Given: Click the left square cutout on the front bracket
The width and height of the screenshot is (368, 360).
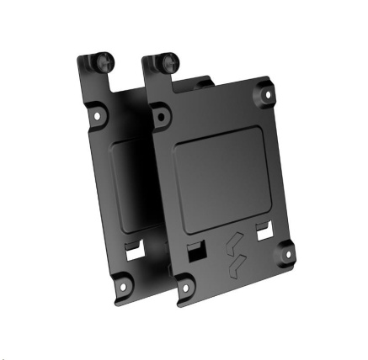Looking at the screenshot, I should (195, 253).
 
